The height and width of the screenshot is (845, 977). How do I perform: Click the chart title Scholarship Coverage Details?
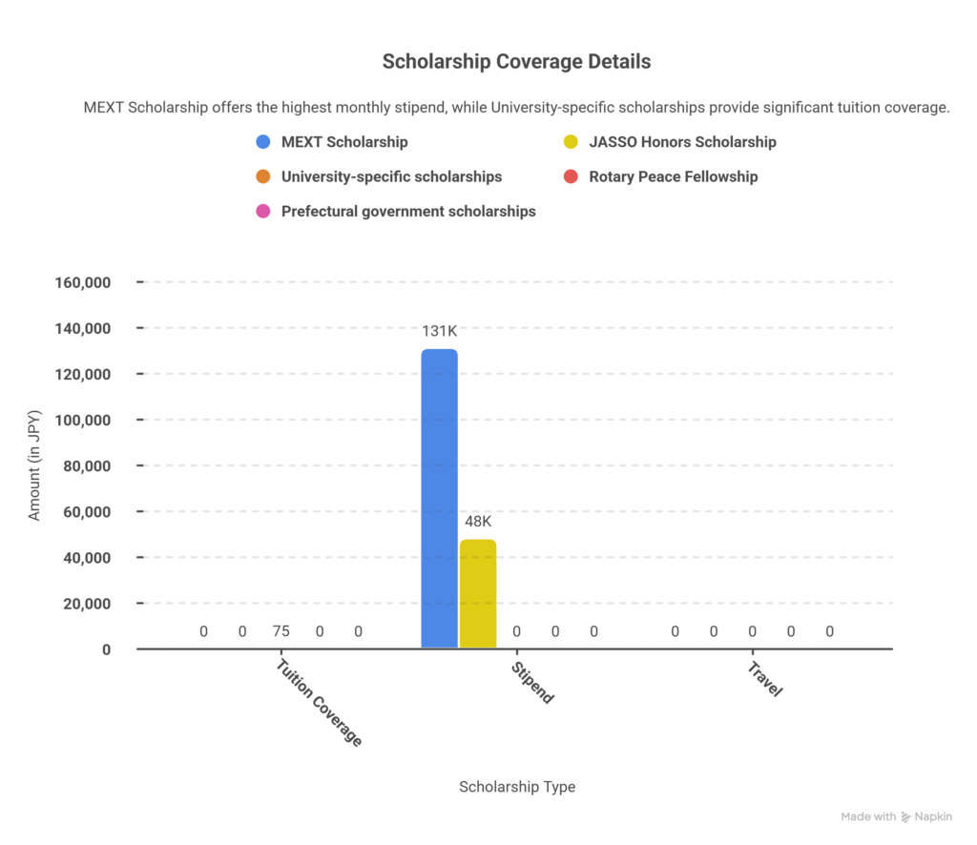(516, 62)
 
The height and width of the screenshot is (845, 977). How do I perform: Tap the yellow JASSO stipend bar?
(478, 593)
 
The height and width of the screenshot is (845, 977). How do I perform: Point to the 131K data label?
(439, 331)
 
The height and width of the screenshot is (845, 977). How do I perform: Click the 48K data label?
(478, 522)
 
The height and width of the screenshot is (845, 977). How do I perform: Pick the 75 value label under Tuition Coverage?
(281, 631)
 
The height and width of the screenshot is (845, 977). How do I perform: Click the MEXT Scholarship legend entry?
(343, 142)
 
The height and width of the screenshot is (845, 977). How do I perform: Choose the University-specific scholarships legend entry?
(391, 176)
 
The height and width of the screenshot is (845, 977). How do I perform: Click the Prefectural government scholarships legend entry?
(407, 211)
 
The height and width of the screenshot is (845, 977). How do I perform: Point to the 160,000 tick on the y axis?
(84, 283)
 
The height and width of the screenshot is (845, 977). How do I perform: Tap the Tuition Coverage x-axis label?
(319, 703)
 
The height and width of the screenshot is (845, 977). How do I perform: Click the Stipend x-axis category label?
(531, 682)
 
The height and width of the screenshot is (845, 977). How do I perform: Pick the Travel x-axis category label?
(764, 679)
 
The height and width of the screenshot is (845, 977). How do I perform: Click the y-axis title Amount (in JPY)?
(35, 466)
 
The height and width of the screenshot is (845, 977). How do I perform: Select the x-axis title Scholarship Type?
(517, 787)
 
